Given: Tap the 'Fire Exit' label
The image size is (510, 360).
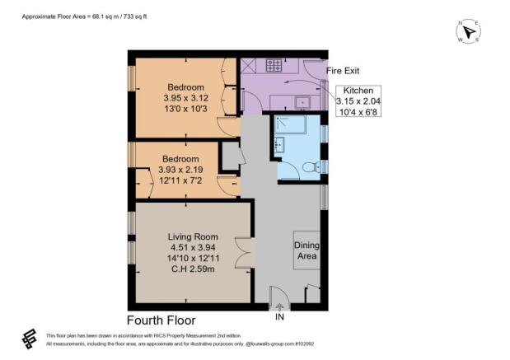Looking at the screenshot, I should coord(344,71).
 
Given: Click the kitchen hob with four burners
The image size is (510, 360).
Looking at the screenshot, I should coord(274,65).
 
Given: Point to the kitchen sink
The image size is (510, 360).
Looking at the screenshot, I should coord(302,103).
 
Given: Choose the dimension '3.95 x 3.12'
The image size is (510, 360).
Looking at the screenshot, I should coord(185,98).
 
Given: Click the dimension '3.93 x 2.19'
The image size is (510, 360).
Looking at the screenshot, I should coord(180,170).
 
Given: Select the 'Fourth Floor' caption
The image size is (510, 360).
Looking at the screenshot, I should coord(161,320).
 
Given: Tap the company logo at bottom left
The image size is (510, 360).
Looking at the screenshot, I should coord(29,339).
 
